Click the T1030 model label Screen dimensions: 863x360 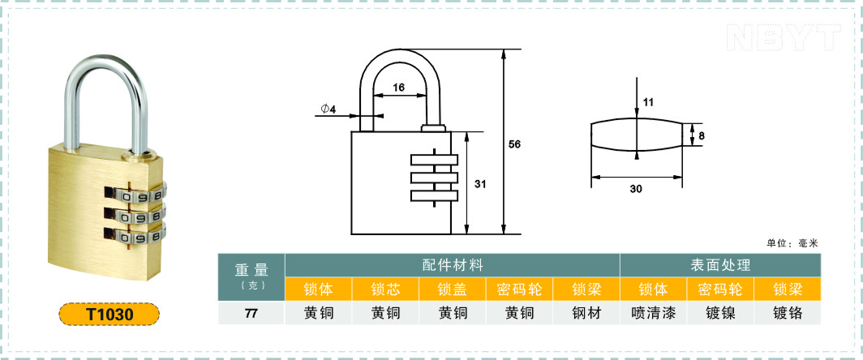pyautogui.click(x=109, y=315)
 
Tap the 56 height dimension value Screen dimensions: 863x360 pyautogui.click(x=514, y=144)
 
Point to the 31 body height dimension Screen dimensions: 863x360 pyautogui.click(x=480, y=184)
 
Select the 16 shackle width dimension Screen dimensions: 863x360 pyautogui.click(x=399, y=87)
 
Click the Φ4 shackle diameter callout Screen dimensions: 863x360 pyautogui.click(x=328, y=109)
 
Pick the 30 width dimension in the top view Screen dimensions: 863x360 pyautogui.click(x=636, y=189)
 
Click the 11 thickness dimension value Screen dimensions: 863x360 pyautogui.click(x=648, y=102)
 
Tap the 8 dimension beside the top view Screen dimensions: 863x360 pyautogui.click(x=702, y=135)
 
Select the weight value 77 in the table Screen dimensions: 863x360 pyautogui.click(x=251, y=314)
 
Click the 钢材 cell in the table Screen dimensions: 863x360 pyautogui.click(x=586, y=313)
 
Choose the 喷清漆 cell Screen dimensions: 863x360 pyautogui.click(x=653, y=313)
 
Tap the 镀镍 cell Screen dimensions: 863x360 pyautogui.click(x=720, y=313)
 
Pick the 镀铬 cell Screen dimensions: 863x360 pyautogui.click(x=788, y=313)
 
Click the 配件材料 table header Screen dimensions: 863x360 pyautogui.click(x=453, y=265)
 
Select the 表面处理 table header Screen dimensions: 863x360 pyautogui.click(x=720, y=265)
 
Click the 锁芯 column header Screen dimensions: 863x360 pyautogui.click(x=385, y=289)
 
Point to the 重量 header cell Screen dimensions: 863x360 pyautogui.click(x=251, y=270)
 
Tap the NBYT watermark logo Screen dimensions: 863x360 pyautogui.click(x=784, y=37)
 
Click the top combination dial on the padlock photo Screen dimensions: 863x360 pyautogui.click(x=135, y=195)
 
